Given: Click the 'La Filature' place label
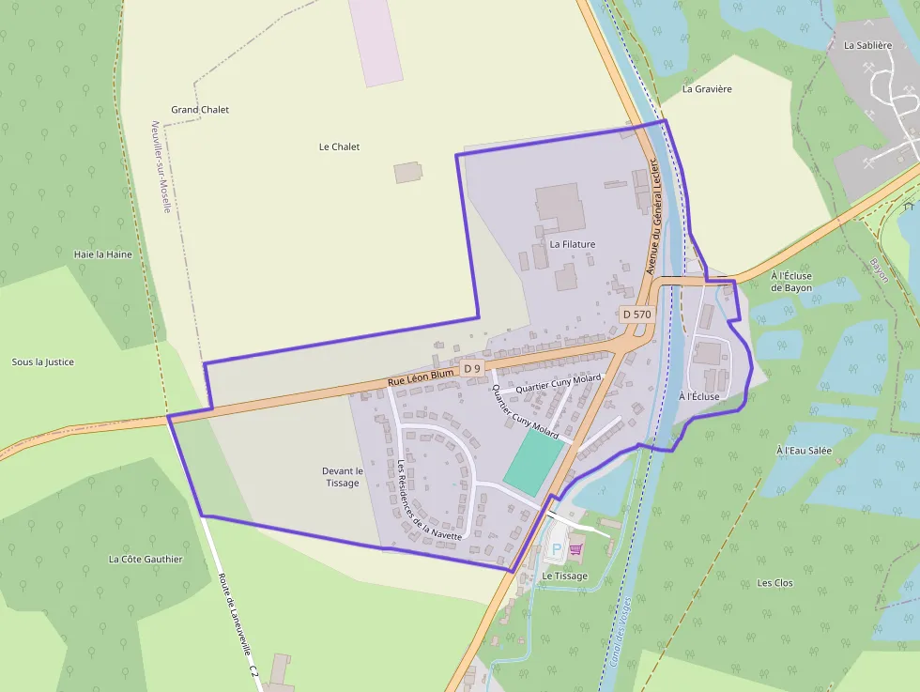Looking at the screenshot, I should pos(573,244).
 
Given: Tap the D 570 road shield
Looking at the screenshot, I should pos(636,314).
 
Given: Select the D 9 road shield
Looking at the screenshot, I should pos(471,369).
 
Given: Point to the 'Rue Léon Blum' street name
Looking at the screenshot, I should pos(421,377).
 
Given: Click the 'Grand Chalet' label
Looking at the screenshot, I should pos(200,110).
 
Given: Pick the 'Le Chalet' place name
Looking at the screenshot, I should pos(339,147).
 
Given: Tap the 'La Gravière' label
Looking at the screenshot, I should pos(707,89).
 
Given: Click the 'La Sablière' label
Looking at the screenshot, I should pos(866,45).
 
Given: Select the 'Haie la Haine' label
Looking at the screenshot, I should pos(103,254).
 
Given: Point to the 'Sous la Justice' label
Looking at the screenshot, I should pos(43,362).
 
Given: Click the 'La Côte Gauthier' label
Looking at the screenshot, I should pos(146,560).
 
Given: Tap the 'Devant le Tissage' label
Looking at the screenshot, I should pos(343,477).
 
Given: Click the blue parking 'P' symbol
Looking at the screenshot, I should pos(556,549).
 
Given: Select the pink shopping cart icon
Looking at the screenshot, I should pos(575,549).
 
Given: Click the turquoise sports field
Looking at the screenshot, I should pos(533,461).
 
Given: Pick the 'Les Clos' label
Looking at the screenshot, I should pos(775,583).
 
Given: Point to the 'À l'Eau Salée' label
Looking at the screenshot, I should pos(805,451).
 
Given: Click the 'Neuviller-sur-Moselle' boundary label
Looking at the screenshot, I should pos(161,166).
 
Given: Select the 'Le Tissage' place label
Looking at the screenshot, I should pos(565,576).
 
